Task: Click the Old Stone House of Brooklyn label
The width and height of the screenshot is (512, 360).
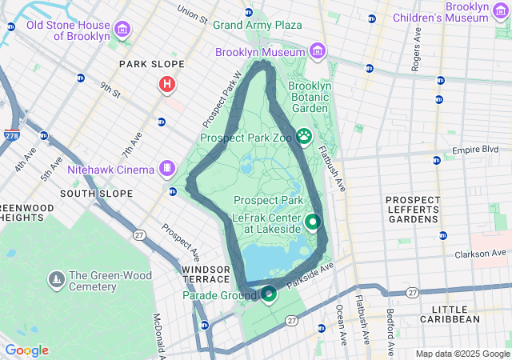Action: pyautogui.click(x=67, y=30)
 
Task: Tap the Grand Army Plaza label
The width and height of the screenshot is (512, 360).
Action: pyautogui.click(x=257, y=25)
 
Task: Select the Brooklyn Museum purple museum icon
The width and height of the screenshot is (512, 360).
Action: pyautogui.click(x=318, y=52)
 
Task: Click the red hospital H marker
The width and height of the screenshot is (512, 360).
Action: pyautogui.click(x=167, y=83)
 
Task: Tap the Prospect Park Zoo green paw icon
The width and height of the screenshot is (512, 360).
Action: pyautogui.click(x=304, y=137)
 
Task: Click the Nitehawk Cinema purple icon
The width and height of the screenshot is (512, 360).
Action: pyautogui.click(x=166, y=169)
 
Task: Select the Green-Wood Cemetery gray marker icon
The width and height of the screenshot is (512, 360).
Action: pyautogui.click(x=57, y=280)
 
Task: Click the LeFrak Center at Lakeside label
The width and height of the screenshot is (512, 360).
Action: pyautogui.click(x=266, y=223)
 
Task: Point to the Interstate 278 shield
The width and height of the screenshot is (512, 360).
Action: pyautogui.click(x=12, y=135)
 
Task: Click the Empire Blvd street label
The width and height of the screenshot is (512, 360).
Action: pyautogui.click(x=474, y=150)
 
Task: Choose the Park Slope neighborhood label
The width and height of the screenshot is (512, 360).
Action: pyautogui.click(x=151, y=64)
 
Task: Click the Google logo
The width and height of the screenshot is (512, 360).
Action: pyautogui.click(x=26, y=350)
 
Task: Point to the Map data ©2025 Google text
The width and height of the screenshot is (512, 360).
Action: pyautogui.click(x=462, y=354)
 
